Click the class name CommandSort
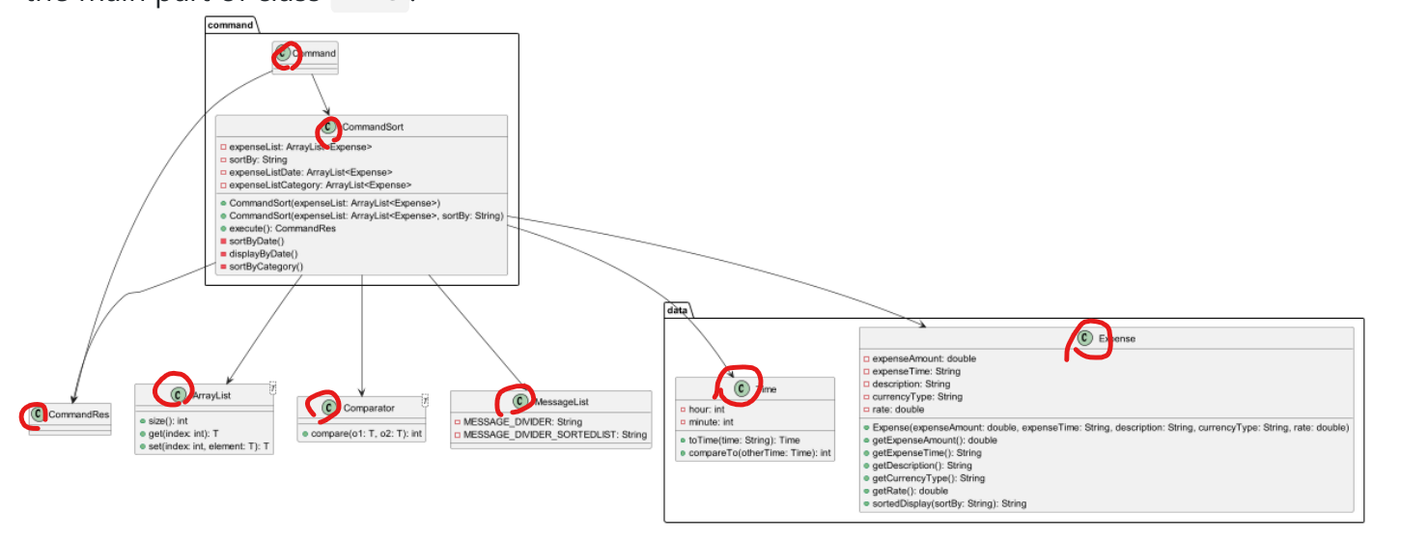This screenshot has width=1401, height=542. point(366,127)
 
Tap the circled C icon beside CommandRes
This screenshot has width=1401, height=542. point(38,414)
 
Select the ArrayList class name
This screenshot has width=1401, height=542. point(210,395)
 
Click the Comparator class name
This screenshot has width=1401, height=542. point(368,408)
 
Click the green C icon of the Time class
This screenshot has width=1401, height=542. point(742,388)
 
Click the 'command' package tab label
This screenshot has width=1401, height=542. point(230,24)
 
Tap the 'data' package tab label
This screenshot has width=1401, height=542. point(677,309)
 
